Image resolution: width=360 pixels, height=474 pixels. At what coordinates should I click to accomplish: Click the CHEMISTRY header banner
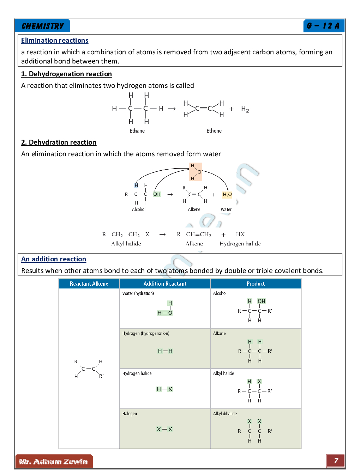coord(43,26)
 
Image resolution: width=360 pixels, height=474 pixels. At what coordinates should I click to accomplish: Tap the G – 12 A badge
coord(323,26)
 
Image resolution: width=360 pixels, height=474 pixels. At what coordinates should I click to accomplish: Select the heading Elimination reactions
coord(55,41)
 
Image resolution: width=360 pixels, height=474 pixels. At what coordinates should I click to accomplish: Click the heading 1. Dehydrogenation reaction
coord(66,74)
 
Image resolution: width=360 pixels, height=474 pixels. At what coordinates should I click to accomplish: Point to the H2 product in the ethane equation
coord(245,109)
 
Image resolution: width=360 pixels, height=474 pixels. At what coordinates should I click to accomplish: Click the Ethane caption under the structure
coord(137,131)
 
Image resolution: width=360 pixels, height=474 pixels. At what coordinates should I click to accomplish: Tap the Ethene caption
coord(214,131)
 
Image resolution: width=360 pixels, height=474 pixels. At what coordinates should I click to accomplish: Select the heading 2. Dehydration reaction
coord(59,142)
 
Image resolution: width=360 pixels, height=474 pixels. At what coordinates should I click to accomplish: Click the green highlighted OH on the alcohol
coord(157,194)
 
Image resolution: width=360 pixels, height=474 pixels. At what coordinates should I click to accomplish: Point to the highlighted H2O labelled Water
coord(227,195)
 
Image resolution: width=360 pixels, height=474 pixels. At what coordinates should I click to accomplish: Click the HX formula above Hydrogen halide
coord(240,235)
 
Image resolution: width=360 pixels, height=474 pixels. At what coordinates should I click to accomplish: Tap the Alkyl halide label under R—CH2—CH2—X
coord(126,244)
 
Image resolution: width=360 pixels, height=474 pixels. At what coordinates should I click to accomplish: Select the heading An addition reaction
coord(54,259)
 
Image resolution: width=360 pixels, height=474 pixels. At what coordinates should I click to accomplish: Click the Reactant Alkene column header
coord(89,284)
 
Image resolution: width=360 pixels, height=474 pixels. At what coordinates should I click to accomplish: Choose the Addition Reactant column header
coord(165,284)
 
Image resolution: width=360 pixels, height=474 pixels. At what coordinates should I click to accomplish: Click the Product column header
coord(256,284)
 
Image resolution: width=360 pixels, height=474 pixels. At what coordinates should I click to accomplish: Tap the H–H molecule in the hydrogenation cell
coord(165,351)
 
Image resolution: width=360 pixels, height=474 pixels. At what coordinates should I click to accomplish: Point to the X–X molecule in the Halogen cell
coord(164,429)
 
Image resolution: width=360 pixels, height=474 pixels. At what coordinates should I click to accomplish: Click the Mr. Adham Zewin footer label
coord(54,462)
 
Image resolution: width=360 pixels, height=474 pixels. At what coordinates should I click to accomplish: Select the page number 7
coord(336,461)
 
